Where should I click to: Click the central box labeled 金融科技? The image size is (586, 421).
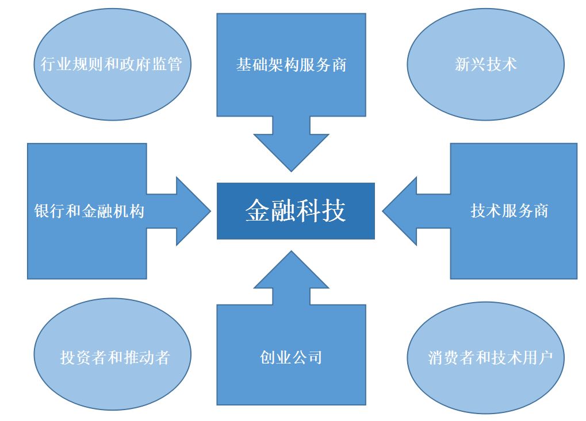click(x=296, y=211)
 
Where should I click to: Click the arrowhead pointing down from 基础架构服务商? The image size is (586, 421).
click(x=291, y=149)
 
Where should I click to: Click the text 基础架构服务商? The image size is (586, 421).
click(x=291, y=64)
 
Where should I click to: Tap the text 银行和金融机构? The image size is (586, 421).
click(x=89, y=211)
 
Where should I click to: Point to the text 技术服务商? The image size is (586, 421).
click(x=509, y=211)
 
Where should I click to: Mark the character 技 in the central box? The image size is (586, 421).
click(x=334, y=211)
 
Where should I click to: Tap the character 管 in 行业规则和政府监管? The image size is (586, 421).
click(x=175, y=64)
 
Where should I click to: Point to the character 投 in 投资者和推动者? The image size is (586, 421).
click(x=67, y=357)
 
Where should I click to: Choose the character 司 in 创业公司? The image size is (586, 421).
click(x=314, y=357)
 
